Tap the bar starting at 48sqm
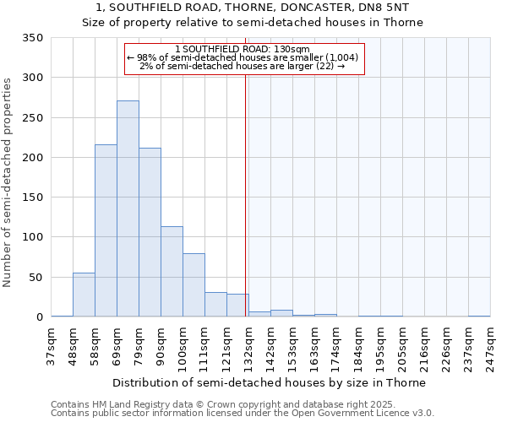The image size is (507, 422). point(84,295)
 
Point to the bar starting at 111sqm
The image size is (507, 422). point(215,305)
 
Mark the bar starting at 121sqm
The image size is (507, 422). point(237,306)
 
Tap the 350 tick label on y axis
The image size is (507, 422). point(32,38)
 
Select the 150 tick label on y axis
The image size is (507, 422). point(32,197)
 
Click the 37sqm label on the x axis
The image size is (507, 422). point(51,344)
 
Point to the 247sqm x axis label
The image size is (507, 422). point(490,344)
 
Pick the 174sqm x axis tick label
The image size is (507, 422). point(336,344)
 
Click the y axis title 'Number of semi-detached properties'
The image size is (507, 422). point(8,182)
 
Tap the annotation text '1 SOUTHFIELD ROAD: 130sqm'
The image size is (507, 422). point(244,49)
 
